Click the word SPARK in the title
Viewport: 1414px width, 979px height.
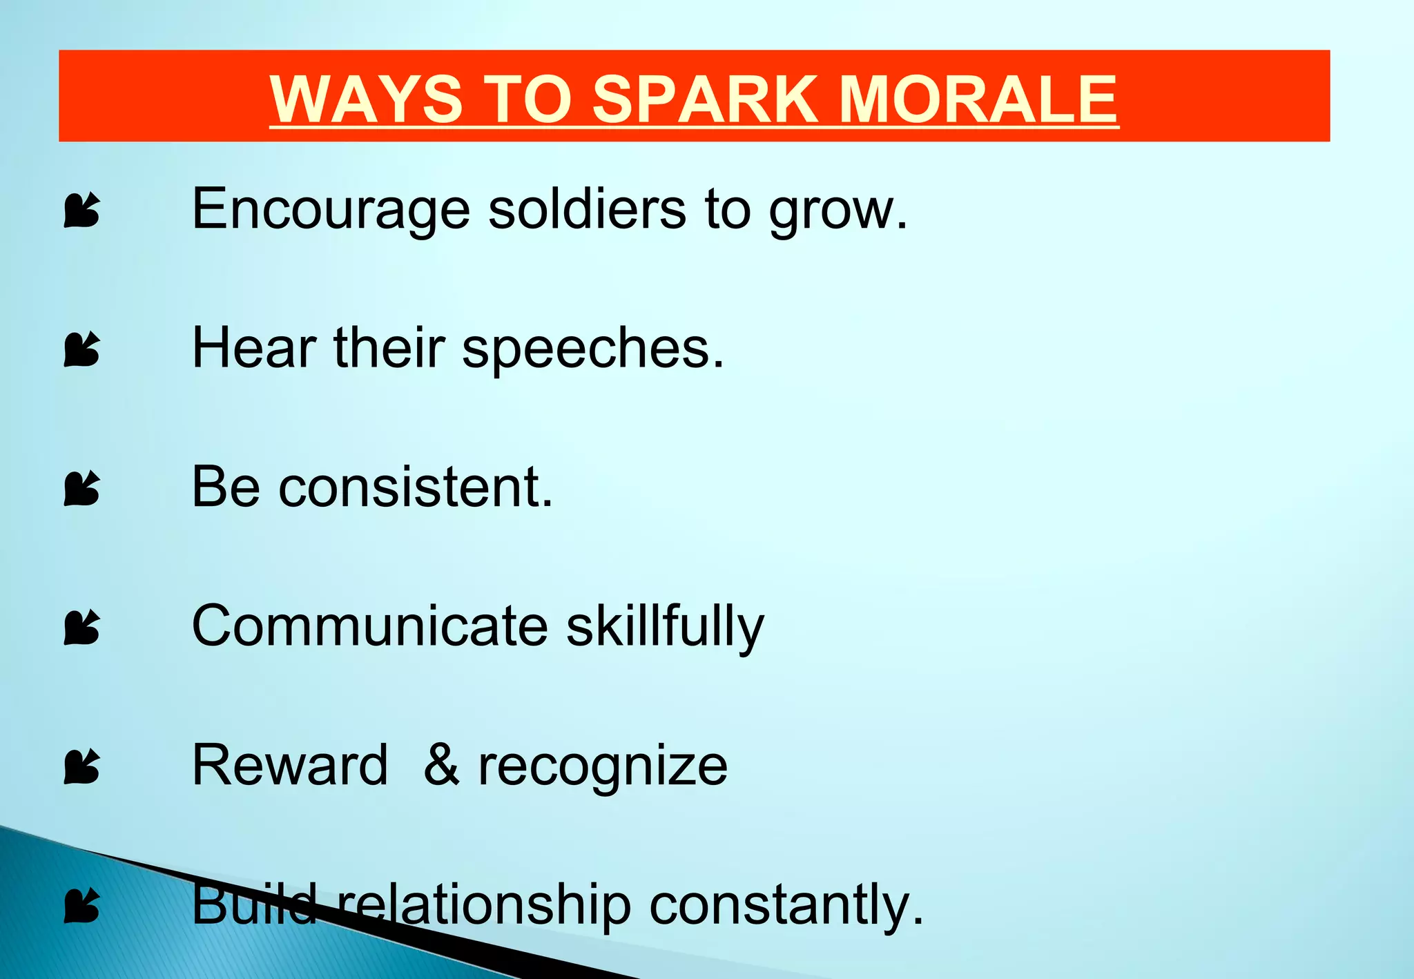(704, 99)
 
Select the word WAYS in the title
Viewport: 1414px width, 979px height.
(366, 99)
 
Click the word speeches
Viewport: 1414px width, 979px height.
(592, 349)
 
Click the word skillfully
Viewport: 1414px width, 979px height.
(665, 627)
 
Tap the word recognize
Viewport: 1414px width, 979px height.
(602, 766)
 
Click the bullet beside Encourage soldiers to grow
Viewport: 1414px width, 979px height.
(82, 210)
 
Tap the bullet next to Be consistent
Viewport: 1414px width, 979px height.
(82, 488)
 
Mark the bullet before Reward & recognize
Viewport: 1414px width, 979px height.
(82, 766)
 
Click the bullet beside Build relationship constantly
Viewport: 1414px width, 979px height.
(82, 906)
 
